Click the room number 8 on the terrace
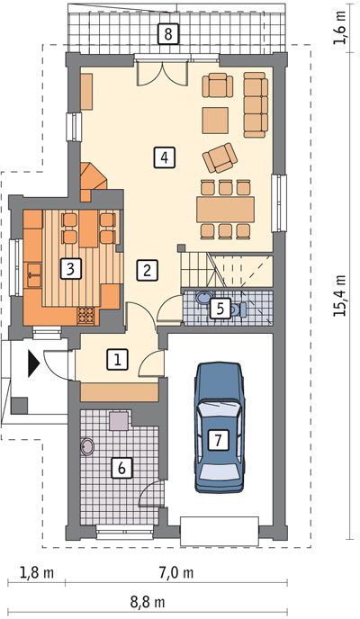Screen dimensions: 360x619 [x=168, y=34]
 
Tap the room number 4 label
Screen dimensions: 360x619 [x=165, y=158]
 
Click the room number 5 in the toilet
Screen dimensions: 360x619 [x=220, y=309]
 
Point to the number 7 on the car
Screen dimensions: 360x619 [x=218, y=440]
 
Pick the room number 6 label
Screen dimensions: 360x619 [x=121, y=468]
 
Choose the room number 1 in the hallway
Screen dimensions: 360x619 [x=118, y=360]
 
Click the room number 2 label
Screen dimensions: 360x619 [x=148, y=271]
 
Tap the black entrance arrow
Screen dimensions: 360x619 [x=33, y=364]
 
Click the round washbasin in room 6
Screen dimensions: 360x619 [x=87, y=447]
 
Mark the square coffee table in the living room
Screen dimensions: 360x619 [x=215, y=121]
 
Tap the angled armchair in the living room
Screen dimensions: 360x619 [x=220, y=157]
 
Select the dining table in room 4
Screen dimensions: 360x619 [x=225, y=210]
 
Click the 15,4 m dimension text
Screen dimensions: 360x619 [x=340, y=295]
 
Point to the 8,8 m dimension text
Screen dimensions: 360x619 [x=148, y=603]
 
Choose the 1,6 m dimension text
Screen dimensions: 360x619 [x=340, y=28]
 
